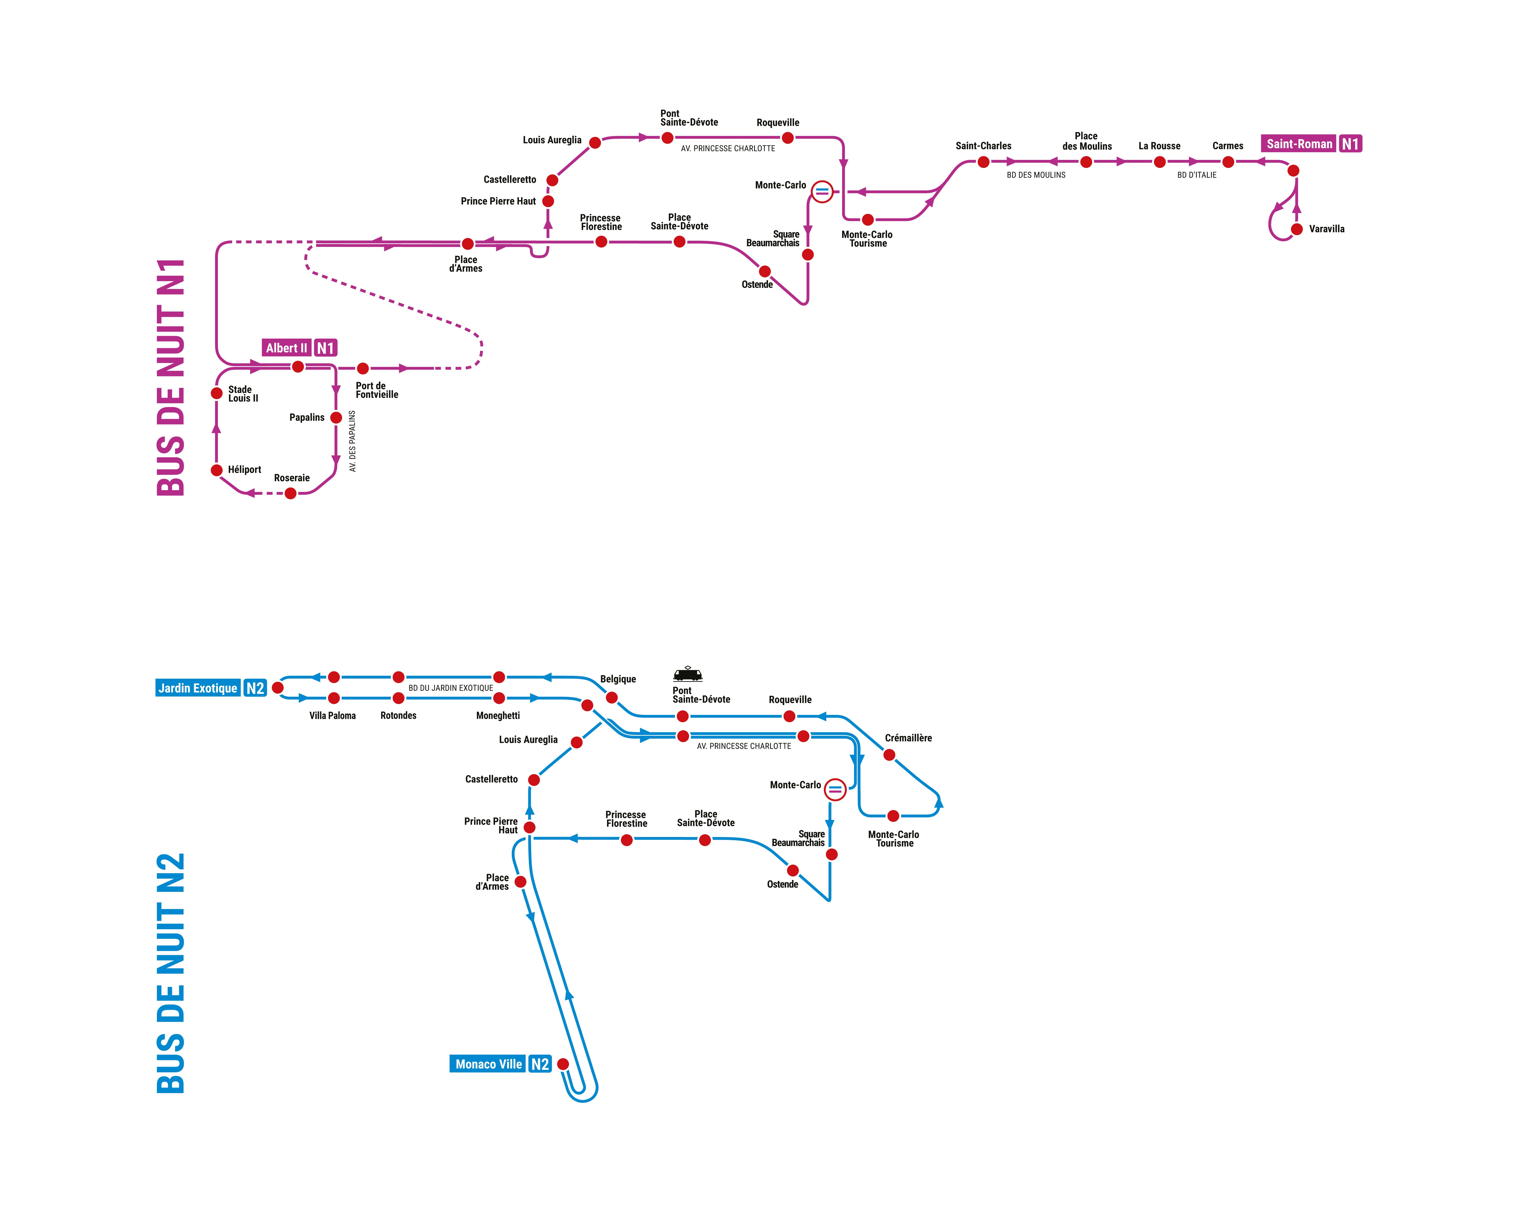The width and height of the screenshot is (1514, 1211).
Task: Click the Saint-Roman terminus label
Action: (x=1299, y=144)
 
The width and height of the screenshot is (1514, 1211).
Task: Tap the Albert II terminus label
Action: (x=287, y=348)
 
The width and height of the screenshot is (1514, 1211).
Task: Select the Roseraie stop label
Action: (x=291, y=478)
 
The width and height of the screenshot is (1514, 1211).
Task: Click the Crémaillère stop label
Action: (x=908, y=738)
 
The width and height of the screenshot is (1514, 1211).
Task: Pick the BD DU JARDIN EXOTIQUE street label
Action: (x=451, y=688)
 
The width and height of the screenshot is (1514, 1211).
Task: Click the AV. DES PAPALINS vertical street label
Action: (x=352, y=441)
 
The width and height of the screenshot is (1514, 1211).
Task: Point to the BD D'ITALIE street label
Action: (x=1197, y=175)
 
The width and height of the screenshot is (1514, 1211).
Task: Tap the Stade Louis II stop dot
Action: (x=217, y=393)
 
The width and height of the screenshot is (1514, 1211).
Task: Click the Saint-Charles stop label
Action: (x=983, y=146)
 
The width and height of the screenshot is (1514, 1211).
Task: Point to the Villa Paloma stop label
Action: (x=332, y=715)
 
